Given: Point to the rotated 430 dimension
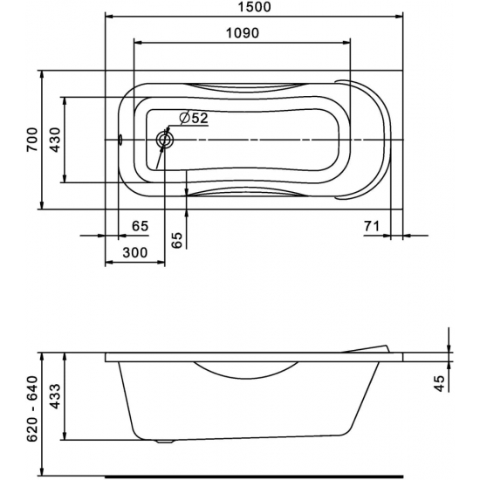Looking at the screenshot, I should tap(54, 140).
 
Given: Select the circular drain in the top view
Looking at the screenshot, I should tap(164, 139).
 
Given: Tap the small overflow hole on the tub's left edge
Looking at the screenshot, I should tap(120, 139).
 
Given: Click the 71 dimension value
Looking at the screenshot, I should tap(372, 227).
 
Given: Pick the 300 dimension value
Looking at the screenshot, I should tap(134, 252).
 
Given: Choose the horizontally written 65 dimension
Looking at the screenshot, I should tap(140, 227).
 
